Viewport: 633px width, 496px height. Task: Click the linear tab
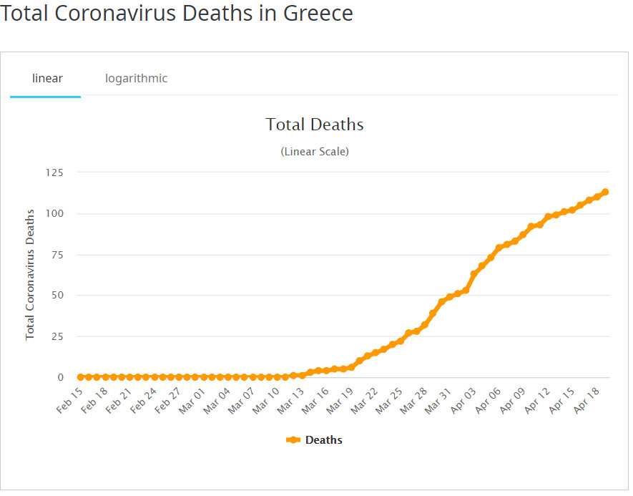click(47, 78)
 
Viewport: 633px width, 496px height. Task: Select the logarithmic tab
click(136, 78)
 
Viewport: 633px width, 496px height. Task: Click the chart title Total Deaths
click(315, 125)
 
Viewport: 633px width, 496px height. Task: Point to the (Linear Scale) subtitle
click(315, 152)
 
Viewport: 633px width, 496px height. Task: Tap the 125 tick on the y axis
click(55, 172)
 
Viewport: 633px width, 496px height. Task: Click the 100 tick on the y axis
click(55, 213)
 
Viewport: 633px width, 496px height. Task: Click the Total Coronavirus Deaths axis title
click(30, 274)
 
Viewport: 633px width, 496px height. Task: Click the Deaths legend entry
click(315, 440)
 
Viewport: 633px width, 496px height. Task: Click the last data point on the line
click(605, 192)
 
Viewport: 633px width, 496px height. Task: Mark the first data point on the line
click(81, 377)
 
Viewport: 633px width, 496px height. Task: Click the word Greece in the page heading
click(315, 13)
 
